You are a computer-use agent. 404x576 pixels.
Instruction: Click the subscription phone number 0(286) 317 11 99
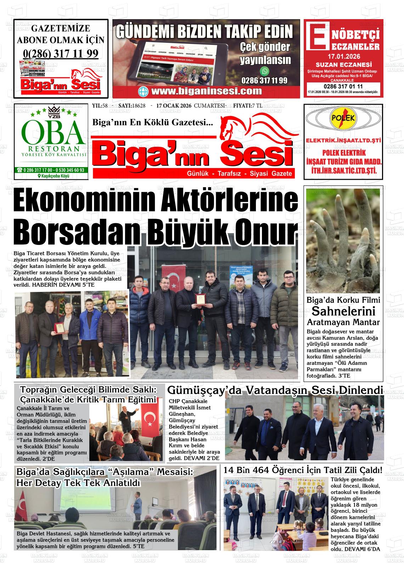pos(61,53)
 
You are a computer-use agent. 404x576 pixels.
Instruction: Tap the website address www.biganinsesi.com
pos(206,91)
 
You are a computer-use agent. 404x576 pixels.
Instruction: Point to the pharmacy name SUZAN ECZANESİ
pos(343,65)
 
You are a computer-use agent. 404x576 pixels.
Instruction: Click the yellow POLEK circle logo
pos(343,119)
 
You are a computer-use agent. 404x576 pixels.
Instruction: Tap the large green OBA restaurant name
pos(53,131)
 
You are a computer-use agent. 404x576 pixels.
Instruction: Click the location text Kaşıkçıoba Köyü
pos(53,176)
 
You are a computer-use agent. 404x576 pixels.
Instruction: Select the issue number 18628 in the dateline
pos(139,106)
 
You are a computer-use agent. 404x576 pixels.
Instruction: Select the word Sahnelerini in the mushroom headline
pos(343,311)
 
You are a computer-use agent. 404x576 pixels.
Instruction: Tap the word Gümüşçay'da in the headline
pos(204,390)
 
